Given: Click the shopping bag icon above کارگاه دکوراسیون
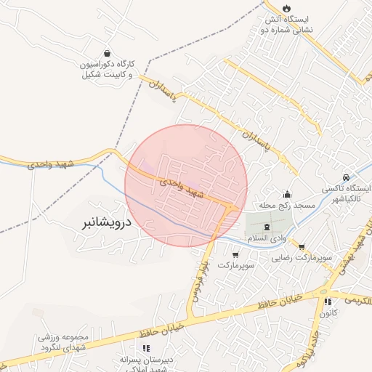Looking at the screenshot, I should [108, 54].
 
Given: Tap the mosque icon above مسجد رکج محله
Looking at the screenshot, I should [288, 194].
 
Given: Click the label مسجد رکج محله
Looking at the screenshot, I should [289, 206].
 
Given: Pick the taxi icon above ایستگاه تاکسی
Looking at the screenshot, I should [346, 177].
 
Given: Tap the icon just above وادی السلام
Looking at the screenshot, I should [267, 227].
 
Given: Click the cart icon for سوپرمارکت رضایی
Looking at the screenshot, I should [302, 246].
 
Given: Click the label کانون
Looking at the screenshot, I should [327, 313].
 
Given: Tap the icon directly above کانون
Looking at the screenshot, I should [328, 302].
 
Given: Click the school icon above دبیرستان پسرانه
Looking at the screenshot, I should [146, 349].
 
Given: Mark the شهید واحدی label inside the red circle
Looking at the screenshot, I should [178, 186].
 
